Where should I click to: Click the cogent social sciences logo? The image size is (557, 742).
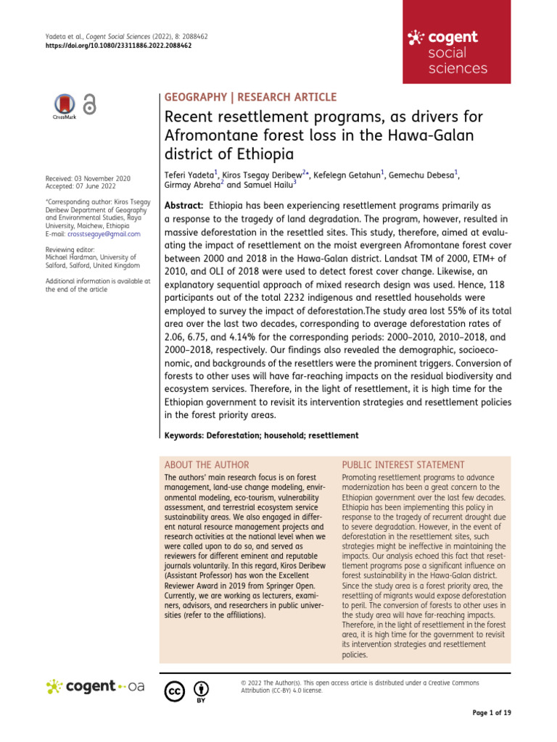coord(447,53)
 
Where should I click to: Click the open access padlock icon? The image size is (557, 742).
coord(89,105)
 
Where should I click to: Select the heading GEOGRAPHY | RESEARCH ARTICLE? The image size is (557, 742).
coord(252,97)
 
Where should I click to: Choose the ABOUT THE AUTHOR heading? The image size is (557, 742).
coord(207,464)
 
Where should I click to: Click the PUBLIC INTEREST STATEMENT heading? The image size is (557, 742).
coord(403,464)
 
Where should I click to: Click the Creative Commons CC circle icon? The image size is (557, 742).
coord(174,691)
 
